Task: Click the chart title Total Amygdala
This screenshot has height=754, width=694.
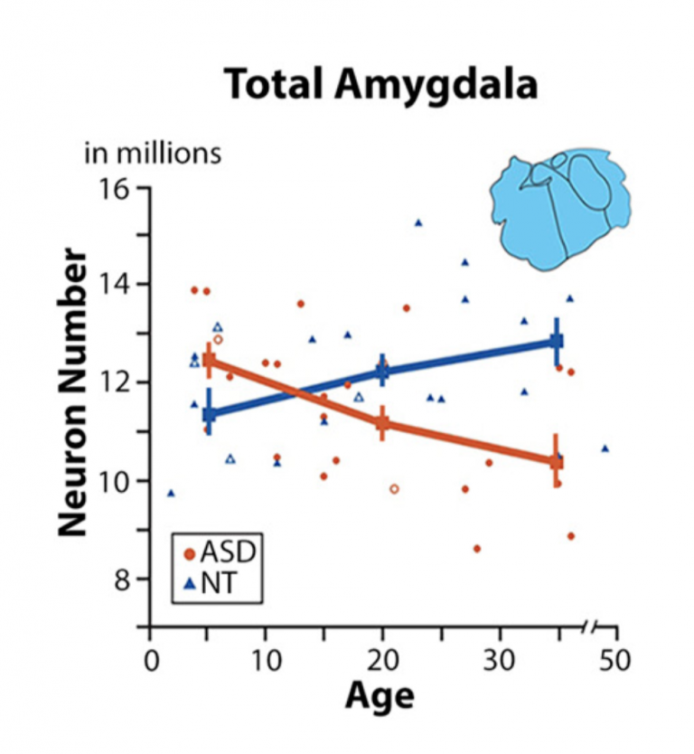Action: pos(380,86)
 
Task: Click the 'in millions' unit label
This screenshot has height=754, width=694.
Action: pos(153,153)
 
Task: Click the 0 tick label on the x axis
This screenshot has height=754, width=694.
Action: pos(151,657)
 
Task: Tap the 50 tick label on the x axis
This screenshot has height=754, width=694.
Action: pos(615,657)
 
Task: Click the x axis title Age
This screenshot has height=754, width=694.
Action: pos(380,697)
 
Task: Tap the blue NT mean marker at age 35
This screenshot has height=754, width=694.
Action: pos(557,341)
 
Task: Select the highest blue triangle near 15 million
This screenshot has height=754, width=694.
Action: pos(418,222)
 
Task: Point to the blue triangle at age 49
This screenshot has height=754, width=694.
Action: pos(605,448)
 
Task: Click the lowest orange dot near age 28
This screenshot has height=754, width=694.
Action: pos(476,549)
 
